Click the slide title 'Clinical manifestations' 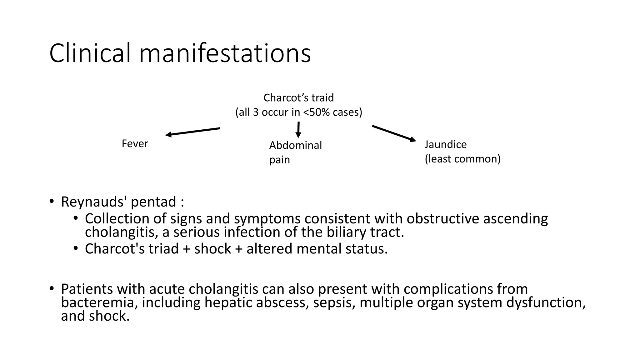pyautogui.click(x=180, y=53)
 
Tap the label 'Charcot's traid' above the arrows pyautogui.click(x=298, y=98)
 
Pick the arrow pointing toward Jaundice pyautogui.click(x=394, y=133)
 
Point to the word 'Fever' pyautogui.click(x=135, y=144)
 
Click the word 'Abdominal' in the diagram pyautogui.click(x=295, y=145)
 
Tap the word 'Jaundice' pyautogui.click(x=445, y=144)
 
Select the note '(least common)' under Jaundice pyautogui.click(x=462, y=159)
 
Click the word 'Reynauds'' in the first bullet pyautogui.click(x=94, y=202)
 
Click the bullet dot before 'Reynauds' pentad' pyautogui.click(x=52, y=201)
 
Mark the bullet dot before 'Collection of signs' pyautogui.click(x=75, y=218)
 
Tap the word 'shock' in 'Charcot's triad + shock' pyautogui.click(x=212, y=249)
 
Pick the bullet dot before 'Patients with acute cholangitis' pyautogui.click(x=52, y=288)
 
